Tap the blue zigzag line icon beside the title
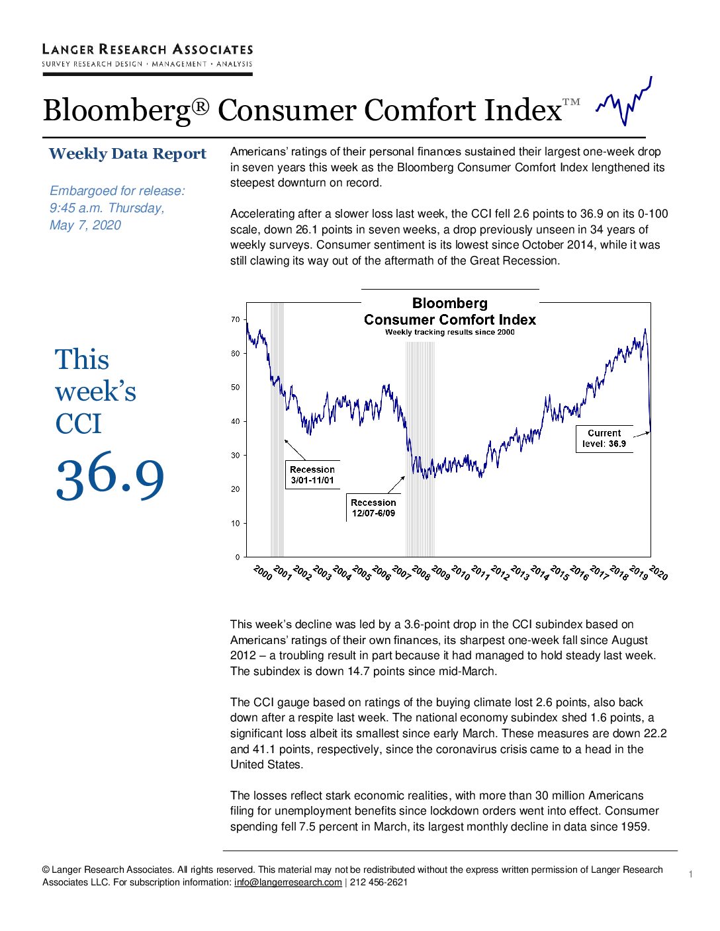coord(624,101)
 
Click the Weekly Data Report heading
coord(127,154)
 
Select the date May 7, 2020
coord(85,225)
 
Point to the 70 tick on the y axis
coord(235,319)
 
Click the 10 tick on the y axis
coord(235,523)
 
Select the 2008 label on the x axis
coord(420,573)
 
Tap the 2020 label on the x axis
coord(658,573)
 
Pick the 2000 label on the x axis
coord(263,573)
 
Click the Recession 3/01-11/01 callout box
coord(312,475)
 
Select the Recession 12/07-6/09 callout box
coord(373,508)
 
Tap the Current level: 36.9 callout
coord(604,438)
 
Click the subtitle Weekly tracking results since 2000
coord(450,332)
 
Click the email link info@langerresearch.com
coord(288,882)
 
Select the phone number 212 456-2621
coord(379,882)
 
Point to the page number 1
coord(691,874)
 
